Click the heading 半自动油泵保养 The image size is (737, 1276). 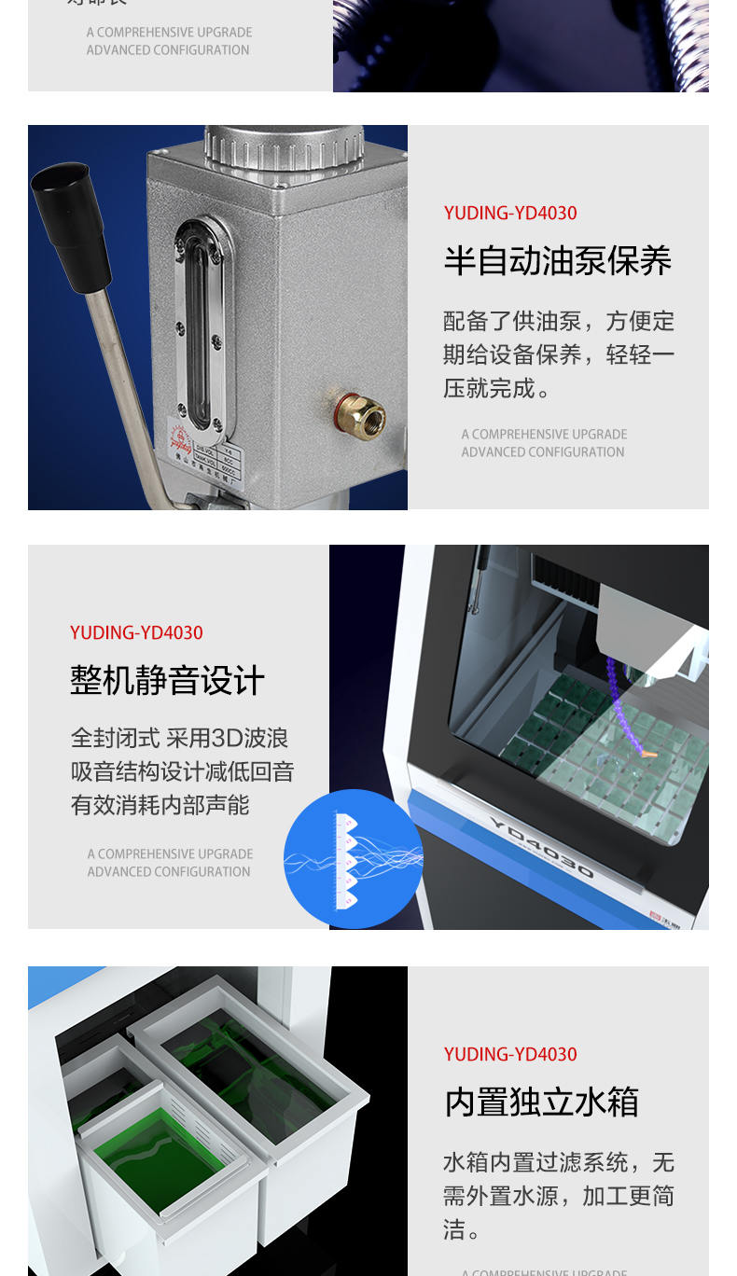pyautogui.click(x=557, y=261)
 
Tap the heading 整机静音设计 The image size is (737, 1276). pyautogui.click(x=167, y=681)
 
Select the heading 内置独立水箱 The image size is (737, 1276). pyautogui.click(x=541, y=1103)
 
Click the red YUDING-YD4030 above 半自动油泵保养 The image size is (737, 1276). pyautogui.click(x=510, y=213)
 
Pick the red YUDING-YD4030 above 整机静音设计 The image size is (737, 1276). pyautogui.click(x=136, y=632)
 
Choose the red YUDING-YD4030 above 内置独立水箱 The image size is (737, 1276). pyautogui.click(x=510, y=1054)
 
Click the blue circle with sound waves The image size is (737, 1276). pyautogui.click(x=353, y=859)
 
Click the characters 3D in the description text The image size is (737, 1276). pyautogui.click(x=228, y=739)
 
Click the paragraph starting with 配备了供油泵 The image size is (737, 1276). pyautogui.click(x=558, y=354)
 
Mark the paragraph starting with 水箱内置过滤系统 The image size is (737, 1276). pyautogui.click(x=558, y=1196)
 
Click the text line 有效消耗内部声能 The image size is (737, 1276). pyautogui.click(x=160, y=805)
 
